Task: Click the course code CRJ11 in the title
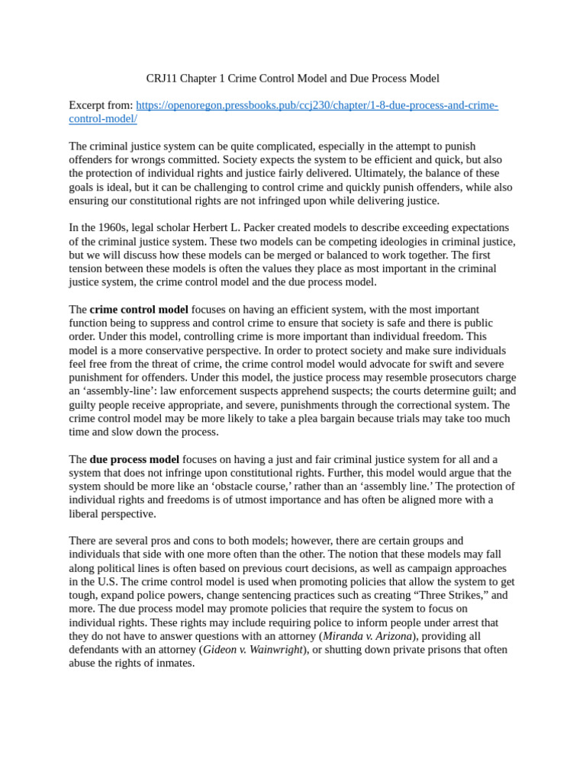[x=162, y=79]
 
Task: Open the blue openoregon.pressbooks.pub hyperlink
[x=317, y=105]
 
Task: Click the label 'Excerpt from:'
[x=101, y=105]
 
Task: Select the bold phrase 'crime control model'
[x=139, y=310]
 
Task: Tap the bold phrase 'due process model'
[x=134, y=459]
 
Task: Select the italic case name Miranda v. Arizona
[x=365, y=636]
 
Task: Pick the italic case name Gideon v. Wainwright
[x=253, y=650]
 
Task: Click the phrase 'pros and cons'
[x=172, y=541]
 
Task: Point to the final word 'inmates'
[x=175, y=664]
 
